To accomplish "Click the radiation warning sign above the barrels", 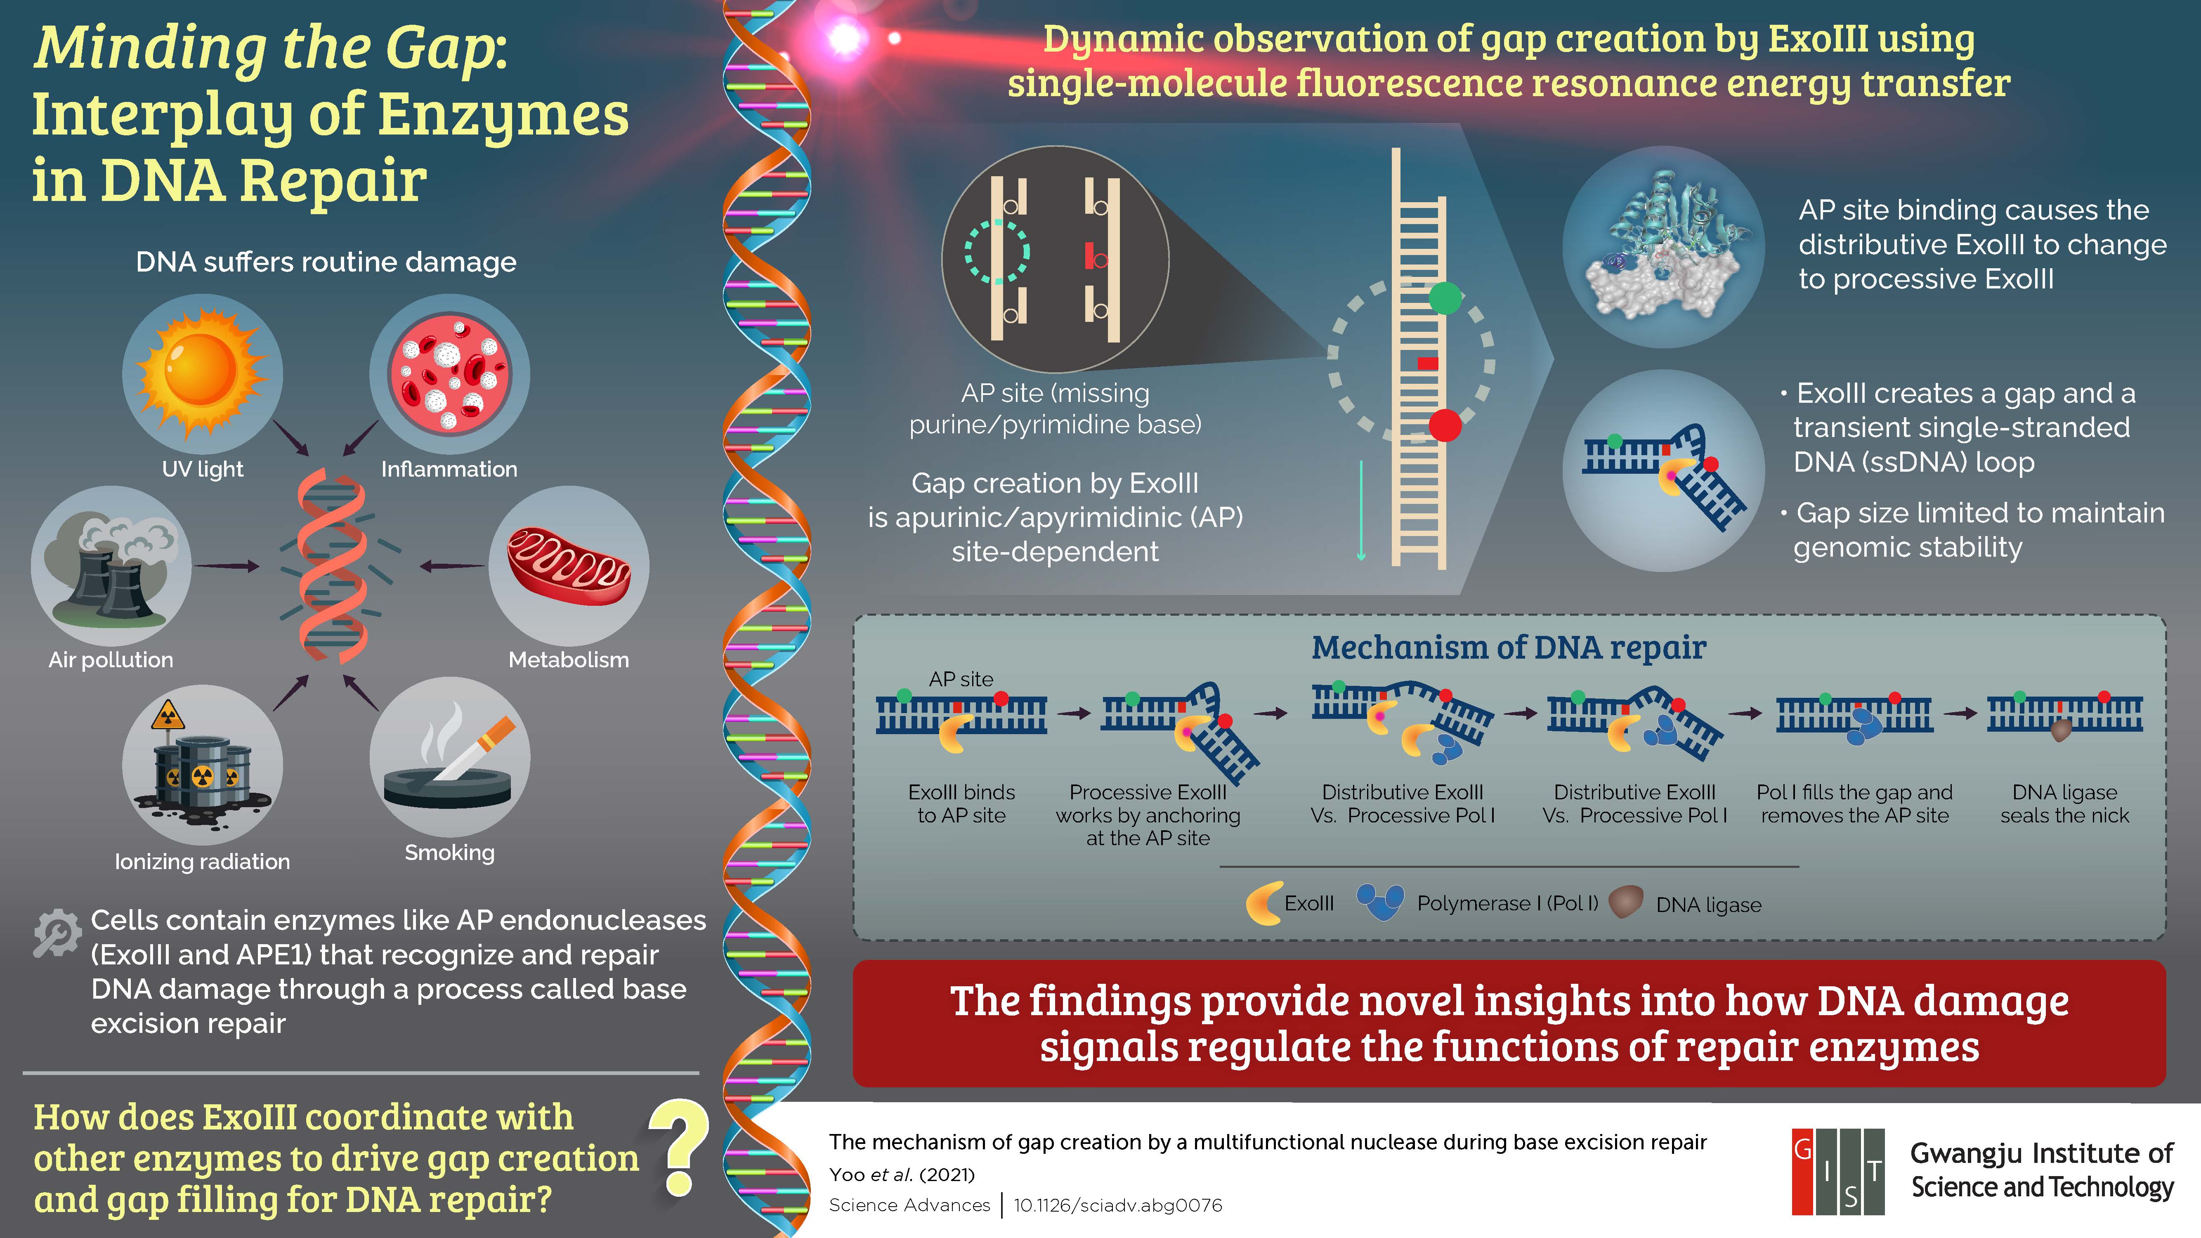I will (168, 715).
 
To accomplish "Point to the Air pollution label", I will (111, 659).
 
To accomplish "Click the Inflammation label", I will (449, 469).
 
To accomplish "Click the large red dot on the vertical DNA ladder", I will (1445, 425).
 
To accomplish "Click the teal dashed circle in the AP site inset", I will (997, 252).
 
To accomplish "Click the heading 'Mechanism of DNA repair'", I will (1509, 647).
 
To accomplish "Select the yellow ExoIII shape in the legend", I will (1263, 903).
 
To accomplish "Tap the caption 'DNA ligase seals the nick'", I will (2064, 804).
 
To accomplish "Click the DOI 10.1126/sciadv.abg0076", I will (1117, 1205).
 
